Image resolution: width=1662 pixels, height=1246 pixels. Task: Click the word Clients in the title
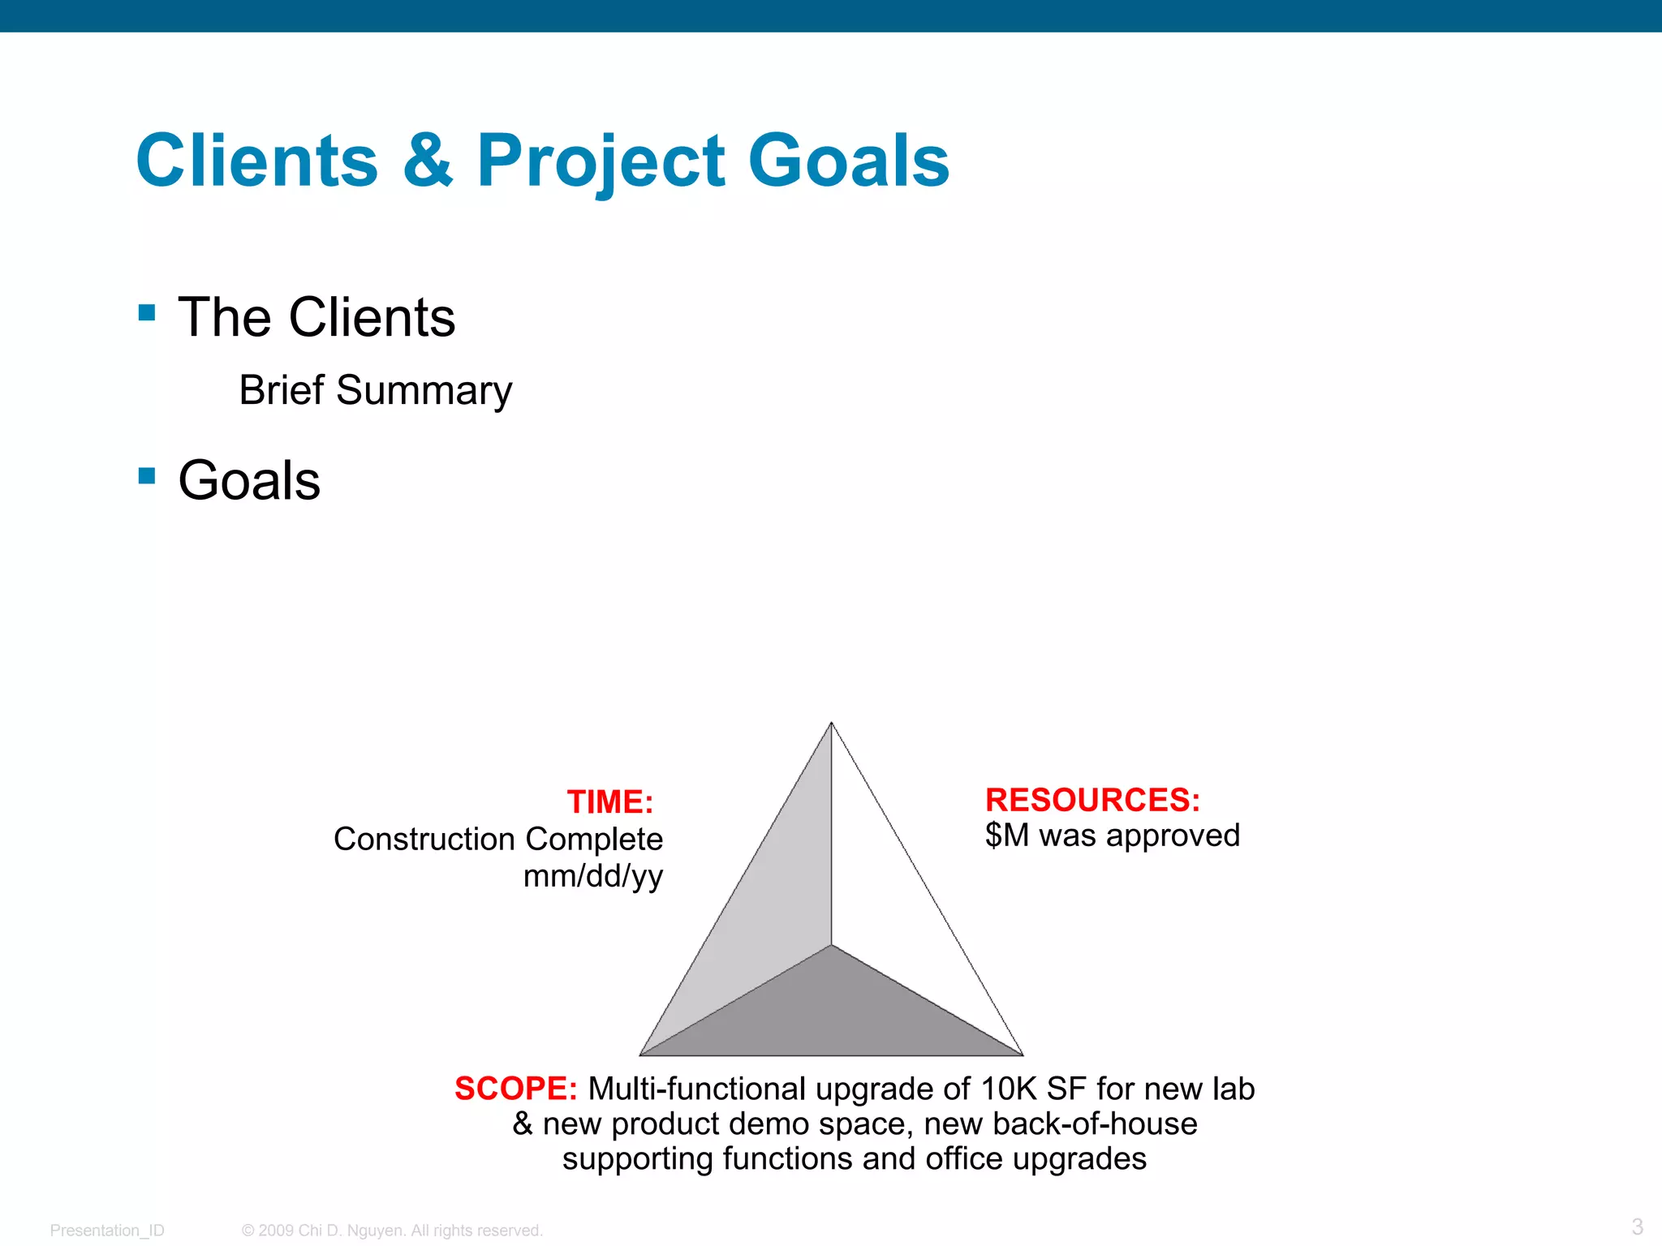pos(257,161)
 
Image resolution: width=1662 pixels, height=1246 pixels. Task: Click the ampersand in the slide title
pos(428,161)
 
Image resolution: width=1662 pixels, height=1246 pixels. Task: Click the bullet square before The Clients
pos(147,313)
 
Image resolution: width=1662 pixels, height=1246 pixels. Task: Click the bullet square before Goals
pos(147,475)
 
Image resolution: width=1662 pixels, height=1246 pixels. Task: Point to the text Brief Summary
pos(375,390)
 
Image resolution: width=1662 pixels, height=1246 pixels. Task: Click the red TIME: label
pos(609,802)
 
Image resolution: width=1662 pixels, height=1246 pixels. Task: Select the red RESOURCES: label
pos(1092,800)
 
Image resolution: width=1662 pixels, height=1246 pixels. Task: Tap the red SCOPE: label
pos(515,1089)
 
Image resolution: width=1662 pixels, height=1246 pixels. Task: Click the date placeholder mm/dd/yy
pos(592,876)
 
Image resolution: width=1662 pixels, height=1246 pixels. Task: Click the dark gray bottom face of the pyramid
pos(831,1014)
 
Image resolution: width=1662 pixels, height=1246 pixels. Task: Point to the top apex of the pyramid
pos(831,724)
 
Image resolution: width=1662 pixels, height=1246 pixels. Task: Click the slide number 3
pos(1637,1227)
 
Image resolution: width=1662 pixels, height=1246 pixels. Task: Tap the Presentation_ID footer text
pos(107,1231)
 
